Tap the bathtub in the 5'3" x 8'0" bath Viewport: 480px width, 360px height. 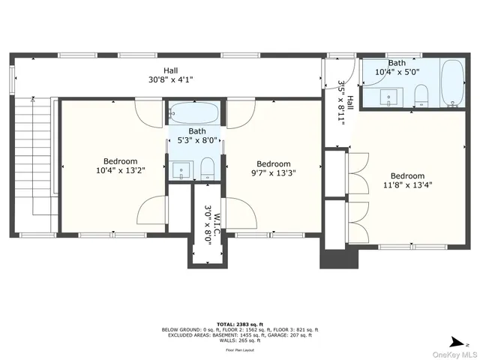coord(193,115)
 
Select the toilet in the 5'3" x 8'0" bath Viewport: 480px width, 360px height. coord(208,169)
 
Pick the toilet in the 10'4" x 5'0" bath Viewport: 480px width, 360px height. coord(421,94)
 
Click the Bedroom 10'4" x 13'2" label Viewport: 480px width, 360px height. coord(120,166)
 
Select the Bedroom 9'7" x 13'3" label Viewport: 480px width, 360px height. coord(274,169)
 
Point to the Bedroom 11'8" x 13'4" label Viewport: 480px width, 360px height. coord(407,181)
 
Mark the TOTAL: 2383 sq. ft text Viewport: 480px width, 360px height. coord(240,324)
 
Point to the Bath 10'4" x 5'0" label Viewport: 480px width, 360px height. coord(403,67)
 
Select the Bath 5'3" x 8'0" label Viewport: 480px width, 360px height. coord(196,135)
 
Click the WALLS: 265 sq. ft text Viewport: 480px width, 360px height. coord(240,340)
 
